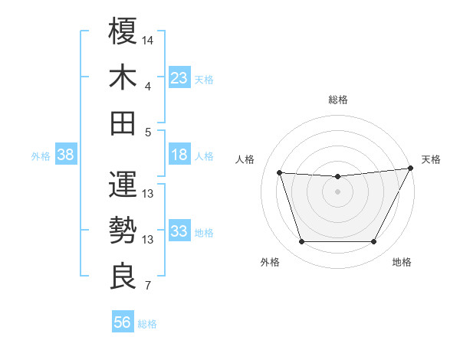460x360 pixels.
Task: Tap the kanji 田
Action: pos(123,123)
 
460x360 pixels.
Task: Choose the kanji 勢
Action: pos(123,230)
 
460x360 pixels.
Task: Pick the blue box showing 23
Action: pos(179,78)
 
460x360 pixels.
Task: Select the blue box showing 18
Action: pos(179,155)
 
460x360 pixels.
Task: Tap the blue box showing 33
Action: pos(179,232)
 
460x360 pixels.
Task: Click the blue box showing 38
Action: pos(65,155)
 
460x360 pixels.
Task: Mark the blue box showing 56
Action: pos(122,322)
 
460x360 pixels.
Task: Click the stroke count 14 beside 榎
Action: pos(148,39)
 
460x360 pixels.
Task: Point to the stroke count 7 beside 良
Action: pos(148,287)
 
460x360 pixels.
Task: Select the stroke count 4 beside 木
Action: pos(148,86)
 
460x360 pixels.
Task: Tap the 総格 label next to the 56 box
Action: pos(147,324)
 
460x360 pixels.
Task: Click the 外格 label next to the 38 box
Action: pos(41,156)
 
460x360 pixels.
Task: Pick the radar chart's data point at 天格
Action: pos(412,169)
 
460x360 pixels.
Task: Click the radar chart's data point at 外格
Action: pos(301,242)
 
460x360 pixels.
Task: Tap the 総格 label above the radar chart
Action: pos(337,100)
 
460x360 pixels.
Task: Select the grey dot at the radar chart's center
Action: pos(337,192)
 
